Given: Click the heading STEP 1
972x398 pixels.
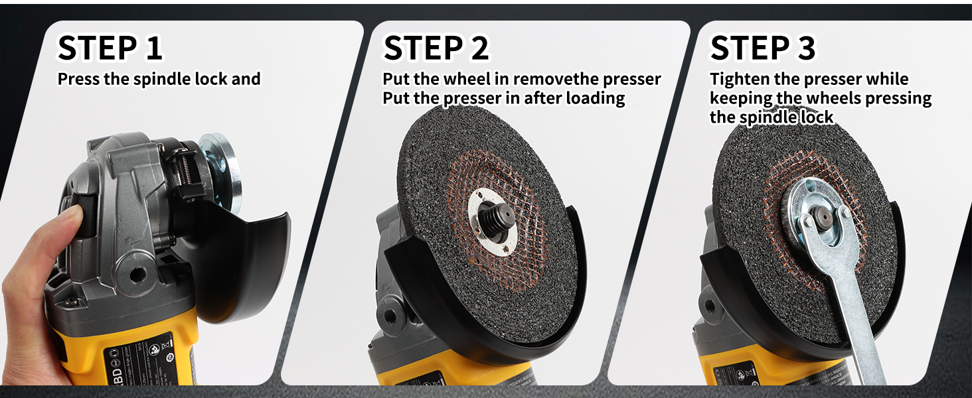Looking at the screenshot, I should tap(110, 48).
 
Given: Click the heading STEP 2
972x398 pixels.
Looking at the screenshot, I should tap(436, 48).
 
